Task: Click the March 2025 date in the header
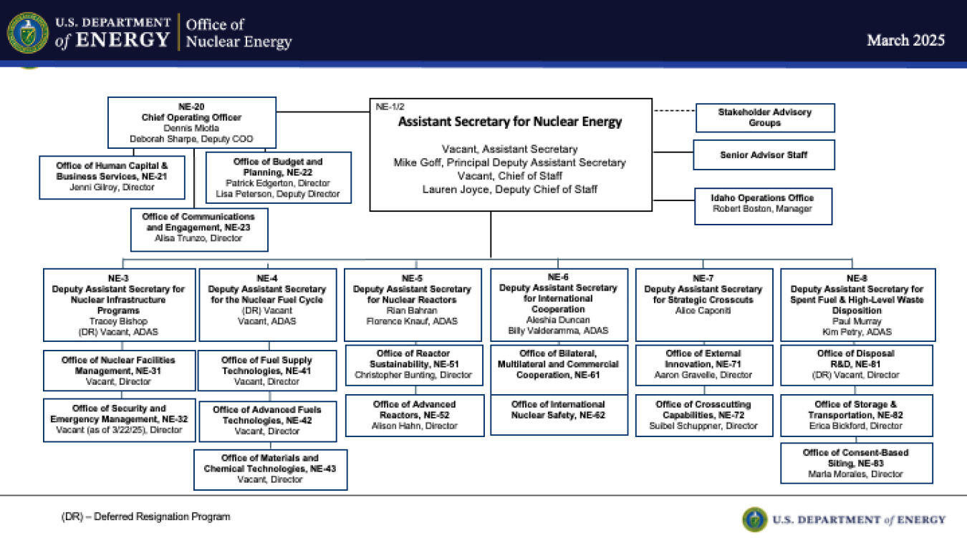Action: tap(905, 40)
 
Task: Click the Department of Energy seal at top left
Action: tap(28, 33)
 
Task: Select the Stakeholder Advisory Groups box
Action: tap(764, 117)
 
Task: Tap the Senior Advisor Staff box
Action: tap(764, 155)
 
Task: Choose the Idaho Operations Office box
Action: tap(762, 203)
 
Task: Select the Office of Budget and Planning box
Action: tap(278, 177)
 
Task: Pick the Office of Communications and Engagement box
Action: tap(198, 228)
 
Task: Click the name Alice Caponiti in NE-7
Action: tap(703, 310)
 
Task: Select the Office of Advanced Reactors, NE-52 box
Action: tap(414, 415)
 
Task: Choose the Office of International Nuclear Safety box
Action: tap(558, 409)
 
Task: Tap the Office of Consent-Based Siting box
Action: tap(856, 463)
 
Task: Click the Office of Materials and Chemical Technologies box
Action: tap(270, 469)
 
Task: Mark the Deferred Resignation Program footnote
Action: tap(146, 517)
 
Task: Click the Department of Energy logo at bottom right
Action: tap(843, 519)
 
